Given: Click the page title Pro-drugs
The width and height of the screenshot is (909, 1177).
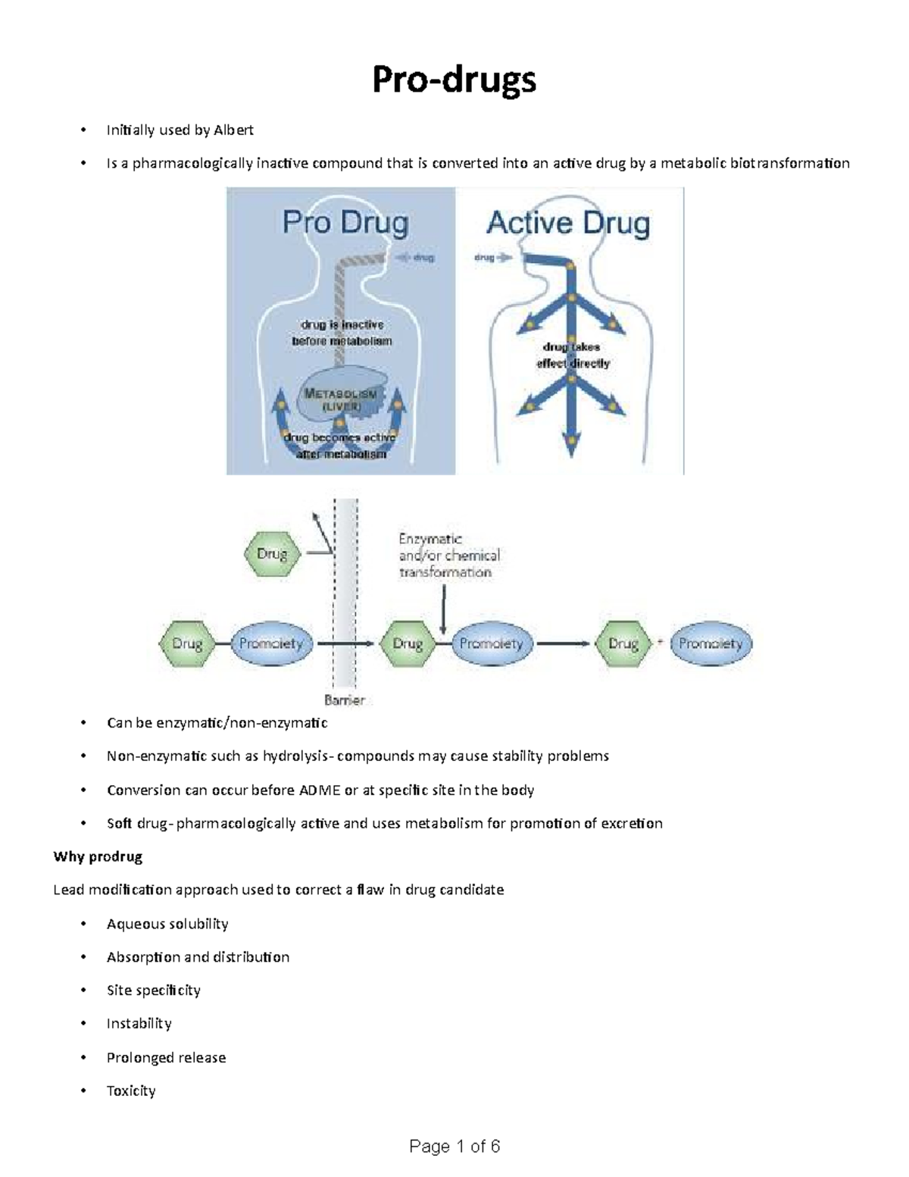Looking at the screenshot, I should click(454, 80).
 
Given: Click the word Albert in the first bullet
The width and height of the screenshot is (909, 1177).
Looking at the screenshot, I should click(233, 130).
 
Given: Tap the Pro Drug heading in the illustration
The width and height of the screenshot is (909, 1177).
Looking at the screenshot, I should click(345, 223).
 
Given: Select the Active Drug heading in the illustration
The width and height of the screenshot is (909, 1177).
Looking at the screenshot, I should click(568, 223).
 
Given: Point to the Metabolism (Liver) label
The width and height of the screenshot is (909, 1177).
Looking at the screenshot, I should click(340, 399).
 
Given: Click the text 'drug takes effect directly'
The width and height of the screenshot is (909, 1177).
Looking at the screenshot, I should click(573, 355).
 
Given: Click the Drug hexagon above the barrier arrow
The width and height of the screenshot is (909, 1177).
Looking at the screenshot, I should click(272, 554).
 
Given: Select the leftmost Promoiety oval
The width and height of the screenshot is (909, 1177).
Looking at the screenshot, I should click(270, 643).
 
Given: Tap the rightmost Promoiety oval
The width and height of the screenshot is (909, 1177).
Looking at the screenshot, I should click(710, 643).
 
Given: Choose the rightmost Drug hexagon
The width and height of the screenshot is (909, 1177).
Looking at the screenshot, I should click(623, 643).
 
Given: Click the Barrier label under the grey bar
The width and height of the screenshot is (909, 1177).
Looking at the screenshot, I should click(345, 700).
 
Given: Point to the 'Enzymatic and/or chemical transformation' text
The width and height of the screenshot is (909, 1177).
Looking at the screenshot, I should click(448, 556).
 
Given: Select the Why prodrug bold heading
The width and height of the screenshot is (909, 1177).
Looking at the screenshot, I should click(98, 856).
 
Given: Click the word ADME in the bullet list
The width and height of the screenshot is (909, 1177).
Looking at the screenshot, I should click(320, 790).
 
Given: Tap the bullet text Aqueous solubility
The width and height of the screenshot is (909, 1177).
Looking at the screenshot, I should click(167, 923).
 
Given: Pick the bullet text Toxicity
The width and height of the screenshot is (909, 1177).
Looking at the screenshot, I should click(131, 1091).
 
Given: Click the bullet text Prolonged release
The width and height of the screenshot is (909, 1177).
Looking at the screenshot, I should click(166, 1057).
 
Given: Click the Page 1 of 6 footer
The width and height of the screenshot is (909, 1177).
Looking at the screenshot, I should click(454, 1146).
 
